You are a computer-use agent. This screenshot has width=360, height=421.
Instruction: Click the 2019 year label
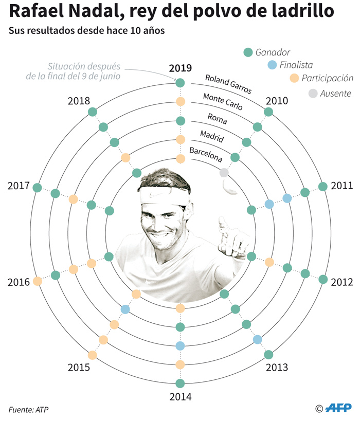(x=180, y=68)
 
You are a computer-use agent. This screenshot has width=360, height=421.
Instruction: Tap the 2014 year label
(x=180, y=397)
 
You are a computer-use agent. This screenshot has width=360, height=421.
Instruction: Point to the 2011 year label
(x=341, y=186)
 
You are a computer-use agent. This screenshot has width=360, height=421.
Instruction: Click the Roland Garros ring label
(x=228, y=84)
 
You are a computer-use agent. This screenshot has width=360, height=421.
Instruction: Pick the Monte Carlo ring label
(x=223, y=103)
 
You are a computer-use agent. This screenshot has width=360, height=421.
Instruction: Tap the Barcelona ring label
(x=206, y=155)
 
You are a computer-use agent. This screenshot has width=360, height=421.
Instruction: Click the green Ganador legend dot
(x=248, y=52)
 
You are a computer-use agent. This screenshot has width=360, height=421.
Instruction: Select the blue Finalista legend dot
(x=273, y=65)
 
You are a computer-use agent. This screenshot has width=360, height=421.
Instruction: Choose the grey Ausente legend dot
(x=313, y=94)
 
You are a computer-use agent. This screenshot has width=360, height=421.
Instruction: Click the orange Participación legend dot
(x=294, y=79)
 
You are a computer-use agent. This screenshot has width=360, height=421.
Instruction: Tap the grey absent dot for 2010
(x=224, y=173)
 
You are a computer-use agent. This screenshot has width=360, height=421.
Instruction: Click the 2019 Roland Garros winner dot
(x=180, y=83)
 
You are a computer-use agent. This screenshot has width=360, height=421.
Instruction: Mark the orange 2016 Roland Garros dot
(x=37, y=281)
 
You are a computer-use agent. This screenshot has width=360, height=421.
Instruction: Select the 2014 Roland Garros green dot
(x=180, y=383)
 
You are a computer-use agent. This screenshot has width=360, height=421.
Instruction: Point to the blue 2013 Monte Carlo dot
(x=258, y=339)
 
